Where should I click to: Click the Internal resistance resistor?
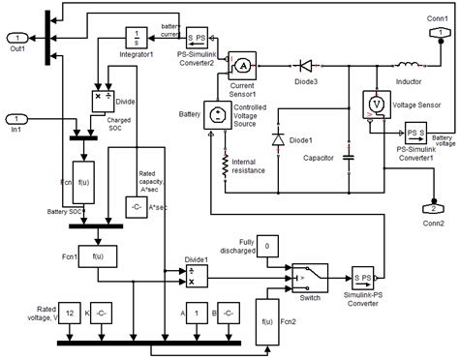225,167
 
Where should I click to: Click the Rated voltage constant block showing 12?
70,313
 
